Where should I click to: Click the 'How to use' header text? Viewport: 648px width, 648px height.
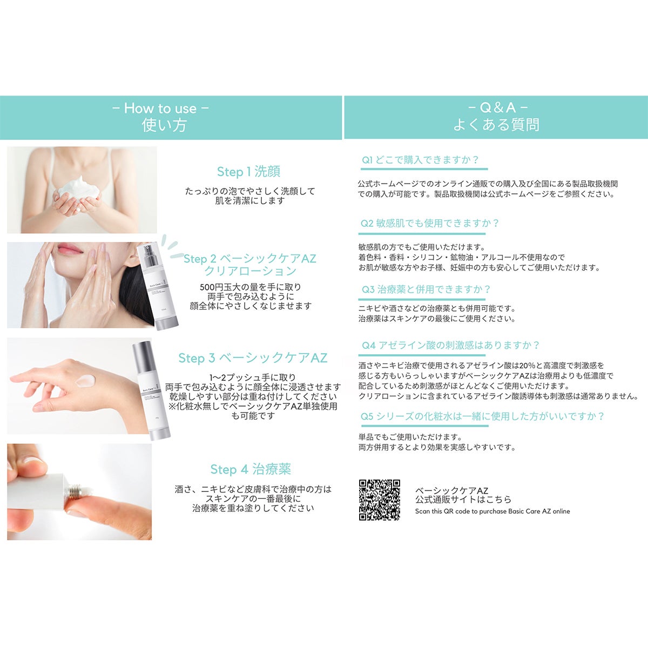pyautogui.click(x=160, y=109)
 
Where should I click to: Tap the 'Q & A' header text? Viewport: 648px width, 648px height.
pyautogui.click(x=498, y=107)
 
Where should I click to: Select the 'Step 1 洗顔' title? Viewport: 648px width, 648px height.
pyautogui.click(x=248, y=172)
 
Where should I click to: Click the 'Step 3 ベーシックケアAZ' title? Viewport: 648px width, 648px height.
pyautogui.click(x=253, y=358)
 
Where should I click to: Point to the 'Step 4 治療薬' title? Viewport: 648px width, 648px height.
pyautogui.click(x=251, y=469)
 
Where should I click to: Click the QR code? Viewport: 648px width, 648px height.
pyautogui.click(x=379, y=500)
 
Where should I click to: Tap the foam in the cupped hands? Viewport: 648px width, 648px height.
pyautogui.click(x=79, y=188)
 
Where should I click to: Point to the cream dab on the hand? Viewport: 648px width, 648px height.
pyautogui.click(x=85, y=381)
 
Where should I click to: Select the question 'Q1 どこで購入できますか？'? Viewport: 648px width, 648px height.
pyautogui.click(x=420, y=160)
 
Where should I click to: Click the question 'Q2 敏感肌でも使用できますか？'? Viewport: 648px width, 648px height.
pyautogui.click(x=430, y=223)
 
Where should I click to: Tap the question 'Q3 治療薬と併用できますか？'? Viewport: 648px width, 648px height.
pyautogui.click(x=426, y=289)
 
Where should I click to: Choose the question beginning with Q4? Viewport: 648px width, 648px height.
pyautogui.click(x=450, y=345)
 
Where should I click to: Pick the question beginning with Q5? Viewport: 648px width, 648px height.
pyautogui.click(x=483, y=416)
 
